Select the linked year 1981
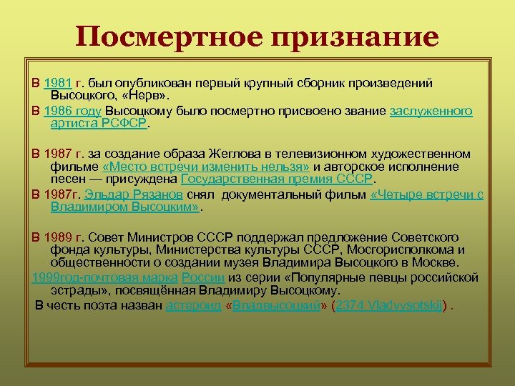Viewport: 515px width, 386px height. pos(58,84)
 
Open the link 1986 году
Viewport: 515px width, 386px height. pos(72,111)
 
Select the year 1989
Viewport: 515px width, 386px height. pos(58,237)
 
